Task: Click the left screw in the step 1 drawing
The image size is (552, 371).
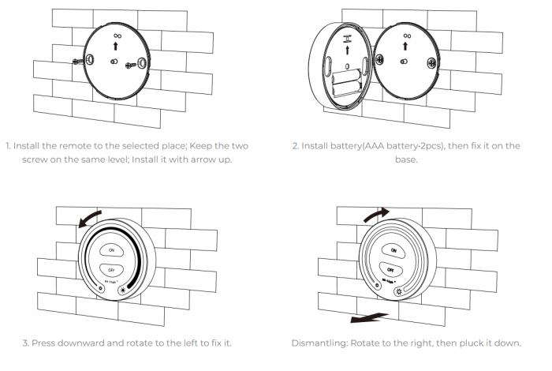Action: coord(76,60)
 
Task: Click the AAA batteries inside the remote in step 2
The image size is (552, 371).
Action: coord(344,78)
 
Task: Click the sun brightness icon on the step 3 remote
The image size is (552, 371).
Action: coord(122,290)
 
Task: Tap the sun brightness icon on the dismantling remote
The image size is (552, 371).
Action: coord(400,290)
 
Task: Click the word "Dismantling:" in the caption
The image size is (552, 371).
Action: coord(319,343)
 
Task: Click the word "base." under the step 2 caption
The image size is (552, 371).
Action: coord(406,159)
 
